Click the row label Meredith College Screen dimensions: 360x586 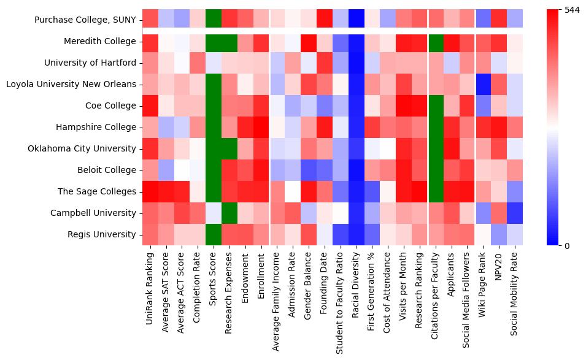(99, 42)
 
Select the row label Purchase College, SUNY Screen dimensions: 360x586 (85, 20)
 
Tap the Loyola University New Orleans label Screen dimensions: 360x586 (71, 85)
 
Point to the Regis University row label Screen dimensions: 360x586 (101, 235)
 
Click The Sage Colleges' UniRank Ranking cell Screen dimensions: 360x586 (150, 192)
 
